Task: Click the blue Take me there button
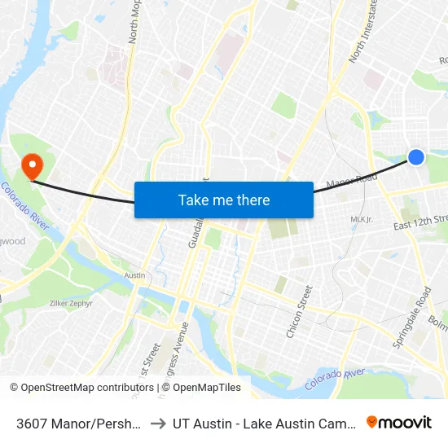[x=224, y=200]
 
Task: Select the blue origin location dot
[x=415, y=157]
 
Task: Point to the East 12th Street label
[x=420, y=221]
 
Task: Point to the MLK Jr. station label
[x=361, y=220]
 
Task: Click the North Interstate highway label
[x=363, y=33]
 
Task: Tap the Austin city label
[x=134, y=275]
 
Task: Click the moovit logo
[x=399, y=422]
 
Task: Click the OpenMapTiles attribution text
[x=207, y=388]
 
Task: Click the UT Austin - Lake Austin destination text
[x=266, y=423]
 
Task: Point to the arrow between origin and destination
[x=158, y=423]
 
